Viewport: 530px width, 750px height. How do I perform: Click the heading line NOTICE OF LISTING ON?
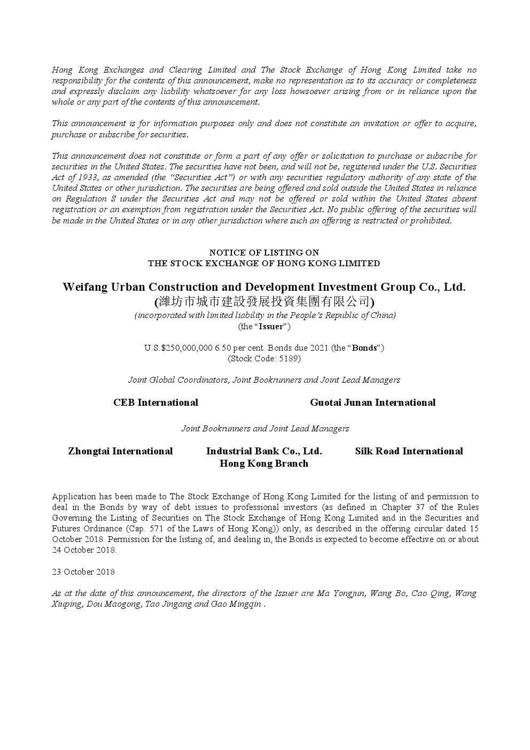point(264,252)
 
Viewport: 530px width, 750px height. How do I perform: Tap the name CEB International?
point(155,403)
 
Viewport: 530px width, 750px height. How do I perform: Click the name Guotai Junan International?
point(372,403)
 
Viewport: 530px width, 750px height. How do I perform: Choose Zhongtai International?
point(120,451)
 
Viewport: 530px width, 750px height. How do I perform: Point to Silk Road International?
point(409,451)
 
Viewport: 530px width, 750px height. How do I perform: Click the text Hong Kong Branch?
point(264,463)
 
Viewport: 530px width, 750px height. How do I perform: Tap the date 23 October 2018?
point(83,572)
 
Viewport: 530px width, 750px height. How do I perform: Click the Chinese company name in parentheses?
point(264,301)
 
